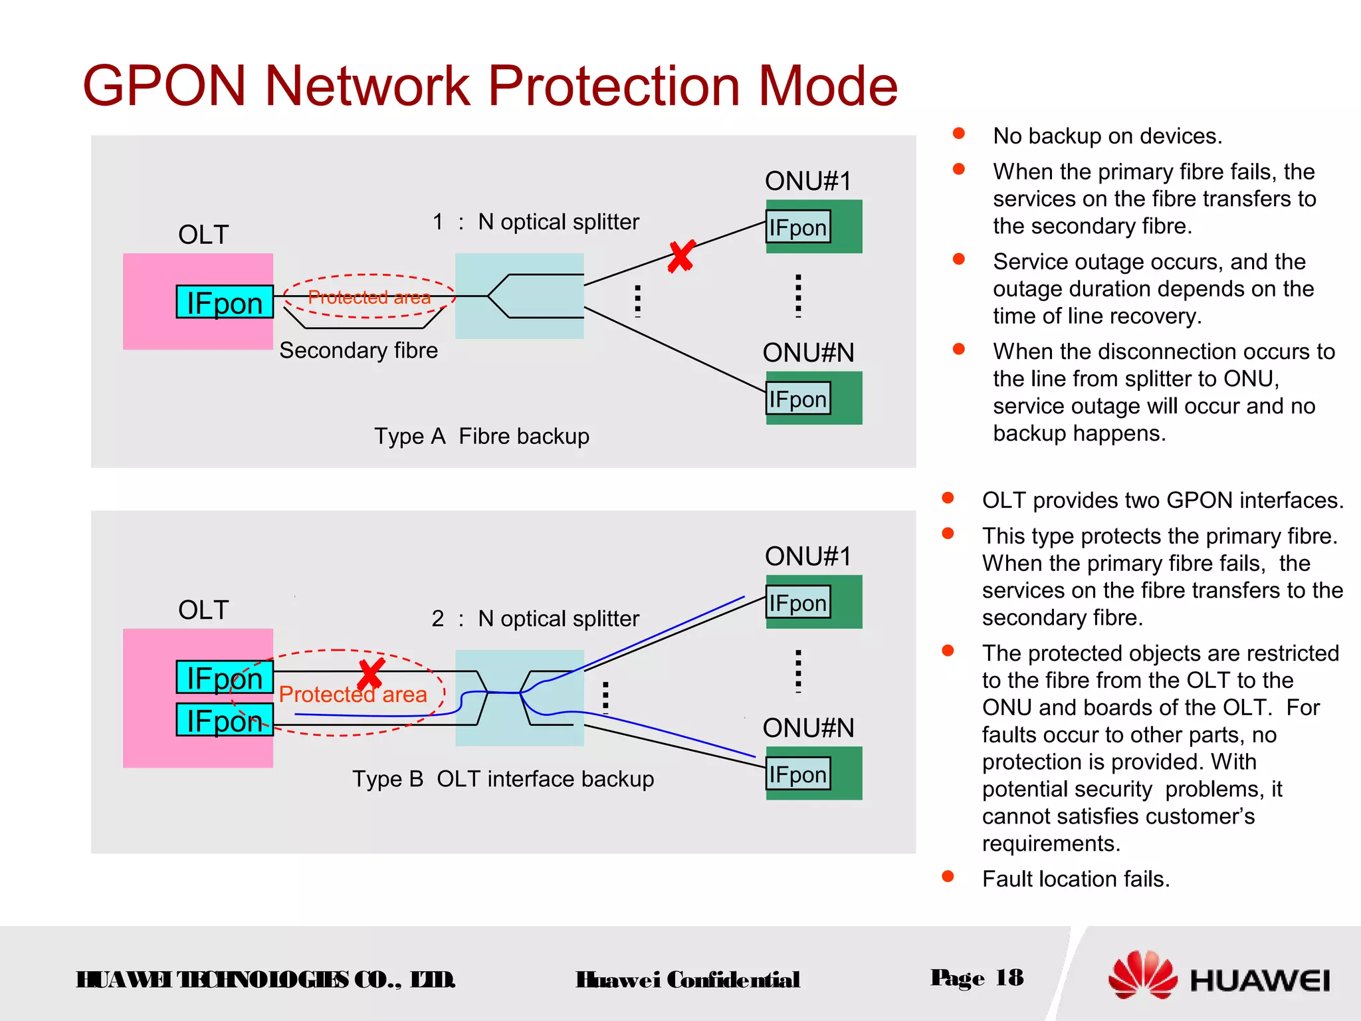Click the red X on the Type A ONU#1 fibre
681,257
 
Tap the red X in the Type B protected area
371,674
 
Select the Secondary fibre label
358,350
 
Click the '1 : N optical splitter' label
536,222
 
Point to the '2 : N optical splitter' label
536,619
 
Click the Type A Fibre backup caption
482,437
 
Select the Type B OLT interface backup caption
503,779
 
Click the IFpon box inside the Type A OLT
225,302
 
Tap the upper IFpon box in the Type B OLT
225,678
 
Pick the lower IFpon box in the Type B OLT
225,721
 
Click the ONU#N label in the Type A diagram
808,352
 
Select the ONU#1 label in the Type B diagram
808,556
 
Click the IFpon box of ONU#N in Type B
798,774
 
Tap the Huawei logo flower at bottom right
1142,975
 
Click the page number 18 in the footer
1009,978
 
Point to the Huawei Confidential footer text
688,980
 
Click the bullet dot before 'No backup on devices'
958,134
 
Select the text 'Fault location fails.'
1076,879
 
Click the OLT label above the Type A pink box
203,235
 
